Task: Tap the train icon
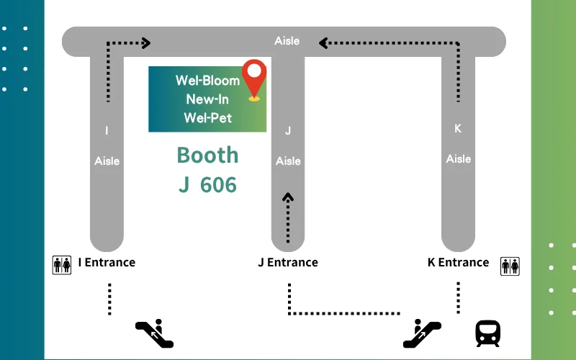pyautogui.click(x=488, y=333)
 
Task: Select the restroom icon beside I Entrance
pyautogui.click(x=62, y=265)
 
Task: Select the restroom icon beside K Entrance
pyautogui.click(x=510, y=266)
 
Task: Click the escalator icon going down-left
pyautogui.click(x=154, y=333)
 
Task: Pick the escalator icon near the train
pyautogui.click(x=422, y=333)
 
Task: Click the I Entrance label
pyautogui.click(x=107, y=262)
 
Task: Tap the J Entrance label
pyautogui.click(x=288, y=262)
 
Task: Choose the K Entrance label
pyautogui.click(x=458, y=262)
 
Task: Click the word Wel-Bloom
pyautogui.click(x=207, y=81)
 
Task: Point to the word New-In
pyautogui.click(x=207, y=99)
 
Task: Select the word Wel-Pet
pyautogui.click(x=207, y=118)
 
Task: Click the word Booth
pyautogui.click(x=207, y=155)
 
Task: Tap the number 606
pyautogui.click(x=218, y=184)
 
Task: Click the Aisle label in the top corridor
pyautogui.click(x=287, y=41)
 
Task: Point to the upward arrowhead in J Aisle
pyautogui.click(x=288, y=197)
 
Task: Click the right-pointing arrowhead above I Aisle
pyautogui.click(x=146, y=43)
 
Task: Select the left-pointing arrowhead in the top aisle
pyautogui.click(x=323, y=43)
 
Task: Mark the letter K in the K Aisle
pyautogui.click(x=458, y=129)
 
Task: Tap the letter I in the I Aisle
pyautogui.click(x=107, y=130)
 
